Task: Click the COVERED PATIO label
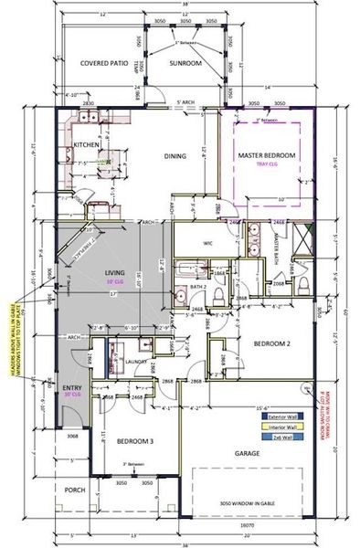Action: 104,63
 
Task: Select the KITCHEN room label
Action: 87,145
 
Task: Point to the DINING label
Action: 175,156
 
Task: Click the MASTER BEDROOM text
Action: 267,156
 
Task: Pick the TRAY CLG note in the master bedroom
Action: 267,165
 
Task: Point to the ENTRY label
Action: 72,387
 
